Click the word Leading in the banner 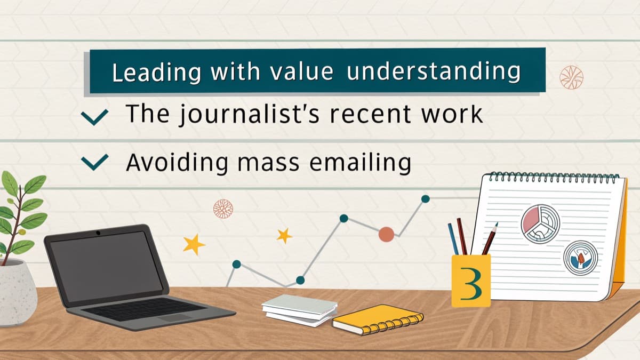point(157,73)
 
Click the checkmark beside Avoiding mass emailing point(94,162)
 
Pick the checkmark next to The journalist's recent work point(94,117)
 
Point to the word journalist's point(249,114)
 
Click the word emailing point(361,163)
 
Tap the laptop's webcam point(98,233)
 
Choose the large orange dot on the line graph point(386,235)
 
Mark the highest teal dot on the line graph point(426,199)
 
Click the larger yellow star point(194,244)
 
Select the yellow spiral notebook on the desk point(378,319)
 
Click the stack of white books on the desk point(299,310)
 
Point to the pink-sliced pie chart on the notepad point(540,223)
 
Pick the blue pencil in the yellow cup point(453,239)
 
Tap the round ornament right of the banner point(571,77)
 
